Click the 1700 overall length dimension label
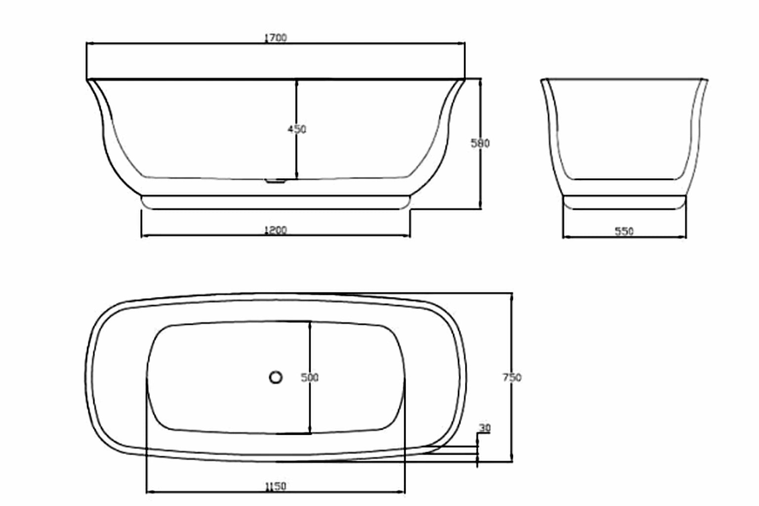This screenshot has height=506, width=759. (x=275, y=38)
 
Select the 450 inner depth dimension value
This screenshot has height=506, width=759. (x=297, y=129)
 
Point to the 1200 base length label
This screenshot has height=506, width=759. (x=275, y=230)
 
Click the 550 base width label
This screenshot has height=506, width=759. (x=624, y=231)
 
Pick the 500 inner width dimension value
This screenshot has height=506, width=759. (x=310, y=378)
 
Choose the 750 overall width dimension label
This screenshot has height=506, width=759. (x=512, y=378)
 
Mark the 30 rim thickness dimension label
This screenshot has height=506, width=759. (x=485, y=428)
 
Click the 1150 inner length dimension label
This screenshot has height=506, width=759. (x=275, y=486)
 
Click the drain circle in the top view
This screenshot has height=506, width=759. (x=276, y=378)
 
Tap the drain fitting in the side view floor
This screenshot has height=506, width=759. (x=276, y=181)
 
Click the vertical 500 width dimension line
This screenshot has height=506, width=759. (x=310, y=346)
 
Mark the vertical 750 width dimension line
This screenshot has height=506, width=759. (x=512, y=336)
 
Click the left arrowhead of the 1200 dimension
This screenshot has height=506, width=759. (x=144, y=236)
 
